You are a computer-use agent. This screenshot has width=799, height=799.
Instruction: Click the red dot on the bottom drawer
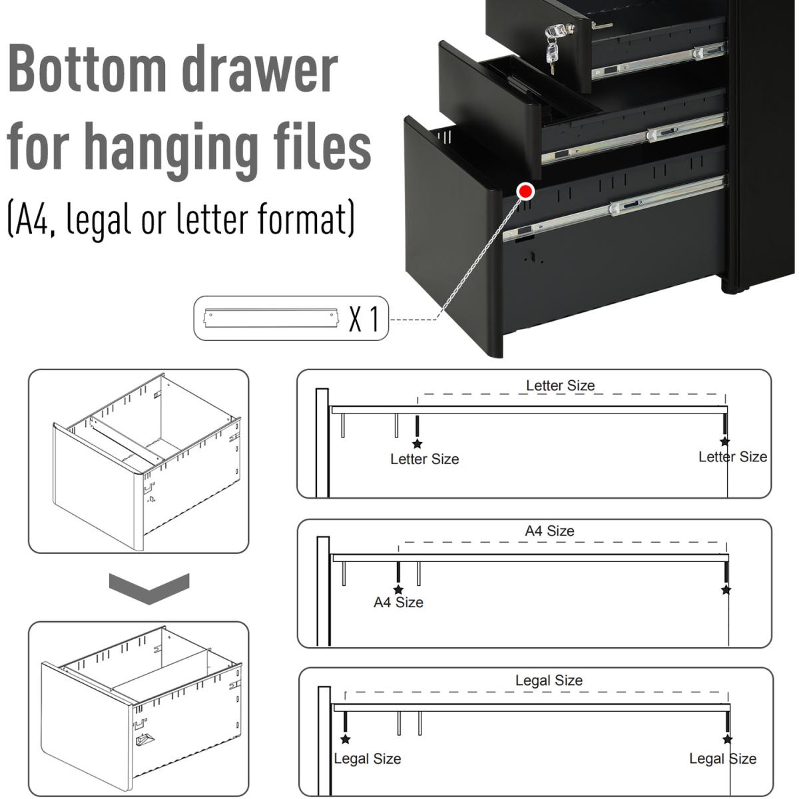click(x=525, y=192)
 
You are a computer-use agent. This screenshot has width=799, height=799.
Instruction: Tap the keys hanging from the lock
click(x=552, y=53)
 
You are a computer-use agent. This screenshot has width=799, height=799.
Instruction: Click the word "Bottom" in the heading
click(x=87, y=69)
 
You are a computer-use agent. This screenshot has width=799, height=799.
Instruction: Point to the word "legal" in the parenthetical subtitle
click(x=99, y=218)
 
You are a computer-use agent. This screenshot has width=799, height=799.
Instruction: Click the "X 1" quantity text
click(x=364, y=320)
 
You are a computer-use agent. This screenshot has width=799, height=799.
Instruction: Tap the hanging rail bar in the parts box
click(x=271, y=318)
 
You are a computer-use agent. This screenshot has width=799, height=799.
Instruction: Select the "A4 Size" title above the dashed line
click(x=549, y=531)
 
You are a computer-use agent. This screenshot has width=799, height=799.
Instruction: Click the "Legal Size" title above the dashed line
click(x=549, y=680)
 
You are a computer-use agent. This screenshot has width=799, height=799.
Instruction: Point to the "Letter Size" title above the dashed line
click(x=560, y=386)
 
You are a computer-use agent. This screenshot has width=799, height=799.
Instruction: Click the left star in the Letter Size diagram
click(x=417, y=443)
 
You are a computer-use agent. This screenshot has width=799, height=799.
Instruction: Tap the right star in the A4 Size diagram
click(x=726, y=590)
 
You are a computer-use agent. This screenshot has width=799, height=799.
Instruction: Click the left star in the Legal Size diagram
click(x=346, y=739)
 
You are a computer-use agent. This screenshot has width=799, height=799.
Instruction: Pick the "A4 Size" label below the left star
click(x=398, y=602)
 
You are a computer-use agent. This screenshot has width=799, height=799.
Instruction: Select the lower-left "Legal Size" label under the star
click(x=368, y=759)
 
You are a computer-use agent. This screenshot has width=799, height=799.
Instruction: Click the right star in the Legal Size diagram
click(x=727, y=739)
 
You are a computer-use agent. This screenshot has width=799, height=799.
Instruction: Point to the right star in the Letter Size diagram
click(x=725, y=441)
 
